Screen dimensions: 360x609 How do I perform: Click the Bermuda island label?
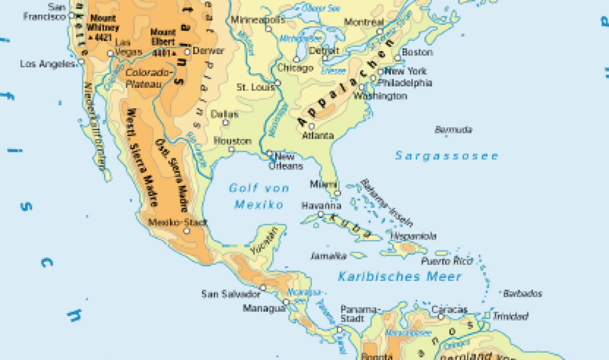tap(454, 130)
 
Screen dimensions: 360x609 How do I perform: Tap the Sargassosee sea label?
tap(446, 156)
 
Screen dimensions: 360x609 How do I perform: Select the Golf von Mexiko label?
tap(259, 196)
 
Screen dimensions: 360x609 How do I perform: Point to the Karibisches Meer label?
tap(400, 277)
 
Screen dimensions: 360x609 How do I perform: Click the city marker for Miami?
tap(336, 194)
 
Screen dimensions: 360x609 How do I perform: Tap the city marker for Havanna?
tap(321, 214)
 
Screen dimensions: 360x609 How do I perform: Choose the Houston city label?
tap(232, 141)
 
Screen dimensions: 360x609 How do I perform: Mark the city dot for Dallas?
tap(225, 123)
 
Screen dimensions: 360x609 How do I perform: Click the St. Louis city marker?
tap(277, 83)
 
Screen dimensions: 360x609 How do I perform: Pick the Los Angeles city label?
tap(48, 64)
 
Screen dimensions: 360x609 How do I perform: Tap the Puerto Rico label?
tap(446, 261)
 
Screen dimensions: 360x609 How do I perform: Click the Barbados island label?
tap(523, 294)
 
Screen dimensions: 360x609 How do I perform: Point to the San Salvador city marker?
tap(263, 288)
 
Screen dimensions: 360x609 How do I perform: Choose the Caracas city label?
tap(449, 309)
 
